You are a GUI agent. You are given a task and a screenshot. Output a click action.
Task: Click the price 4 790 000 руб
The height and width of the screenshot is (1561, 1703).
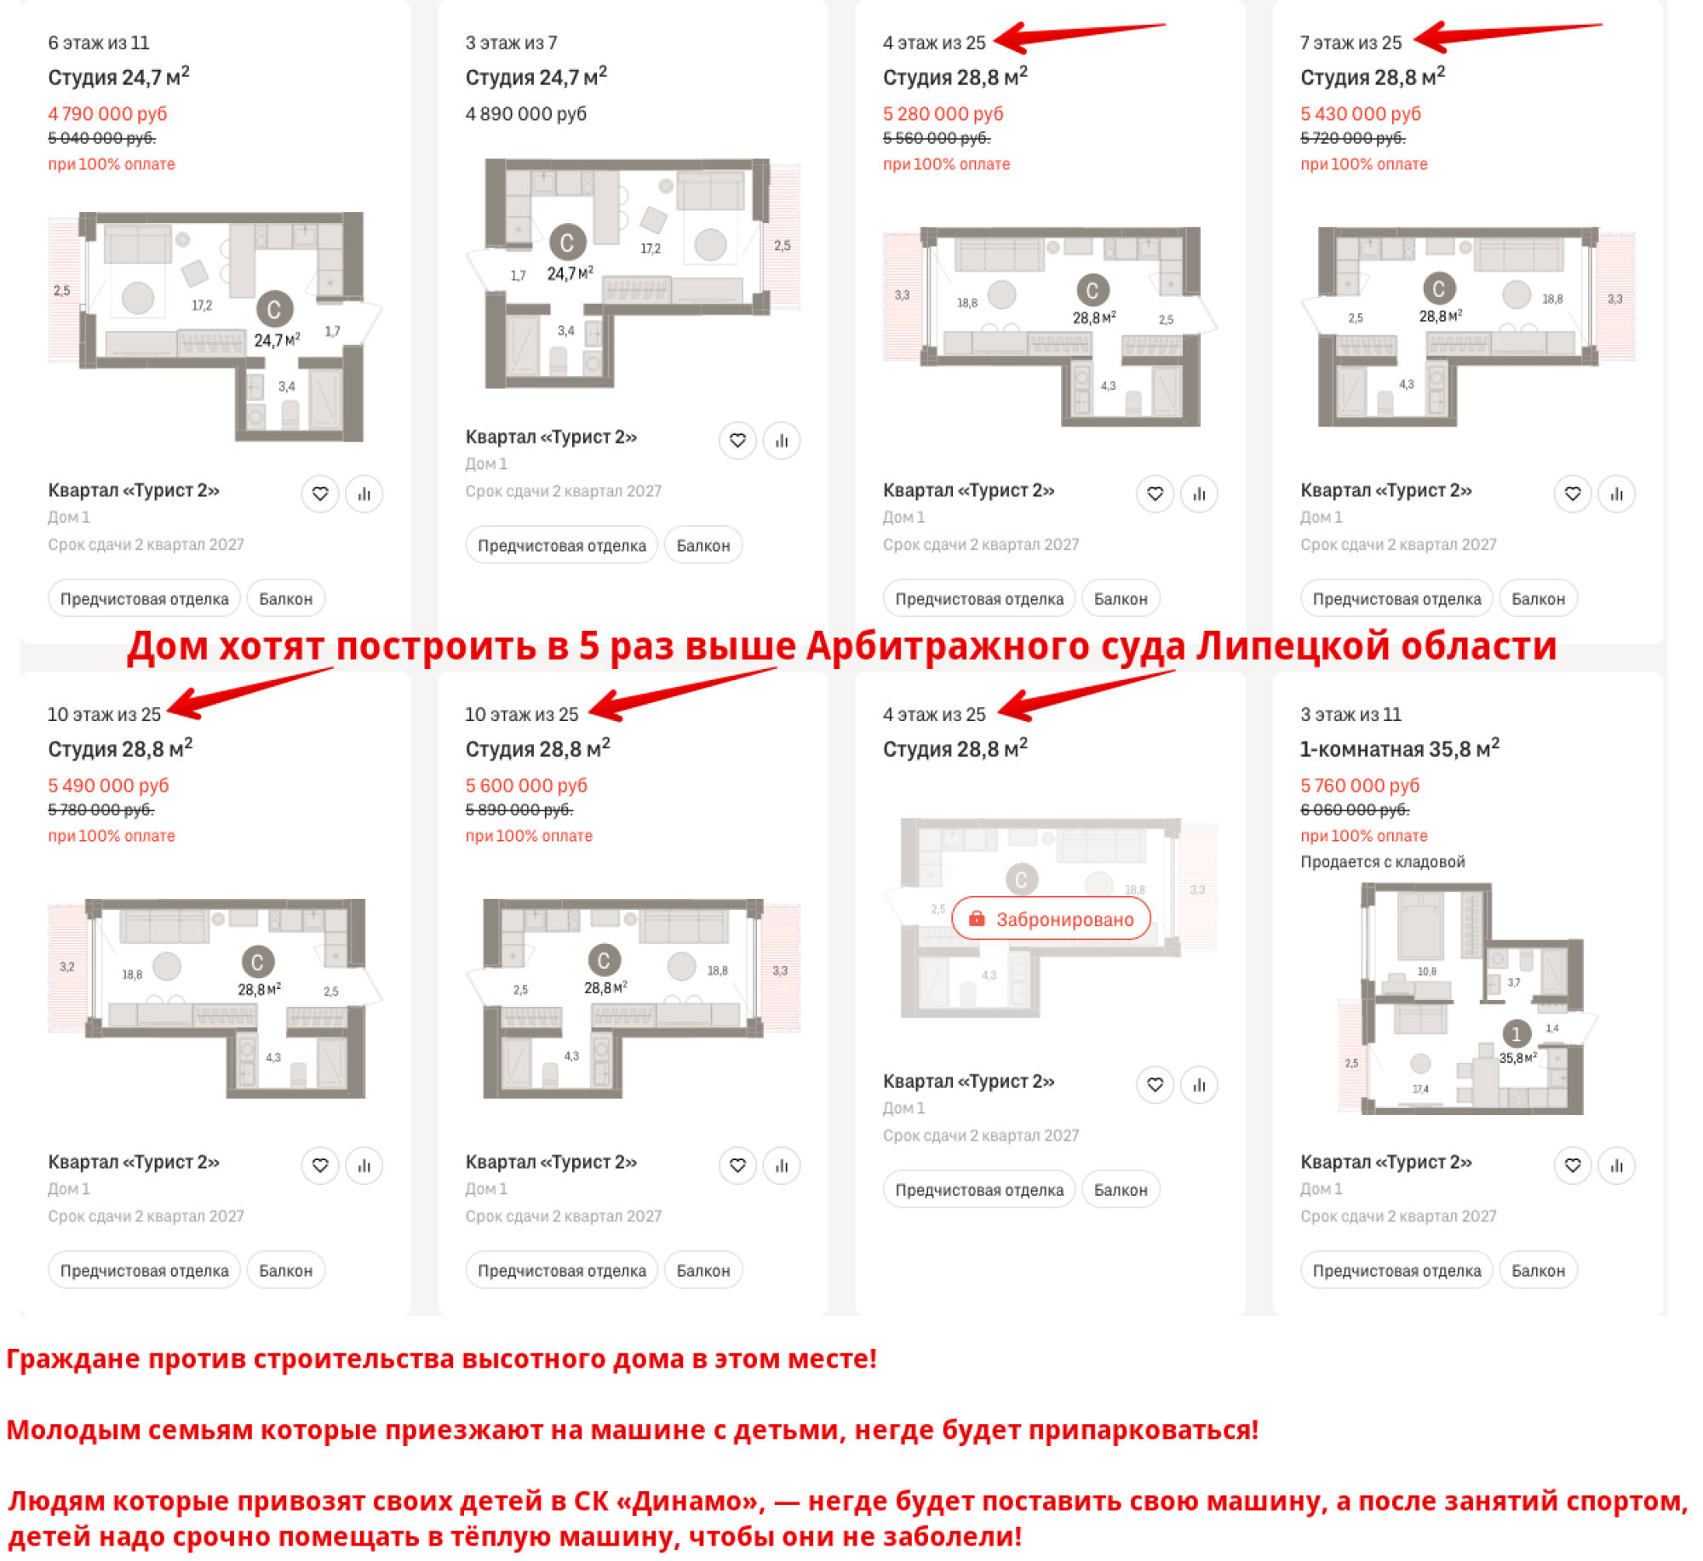(x=107, y=113)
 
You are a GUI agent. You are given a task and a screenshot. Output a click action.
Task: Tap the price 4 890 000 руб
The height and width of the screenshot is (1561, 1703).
(x=525, y=113)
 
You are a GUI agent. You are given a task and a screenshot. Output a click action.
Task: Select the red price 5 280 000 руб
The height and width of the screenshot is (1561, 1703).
(x=943, y=113)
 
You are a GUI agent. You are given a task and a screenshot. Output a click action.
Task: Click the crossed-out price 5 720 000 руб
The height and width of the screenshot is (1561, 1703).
(x=1352, y=138)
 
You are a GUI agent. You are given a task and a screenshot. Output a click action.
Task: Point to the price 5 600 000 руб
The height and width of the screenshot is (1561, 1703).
(x=525, y=785)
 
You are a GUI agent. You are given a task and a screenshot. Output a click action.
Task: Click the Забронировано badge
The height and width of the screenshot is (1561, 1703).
(x=1050, y=918)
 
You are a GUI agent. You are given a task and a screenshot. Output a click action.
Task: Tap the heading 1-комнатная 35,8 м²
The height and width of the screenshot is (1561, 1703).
(x=1399, y=748)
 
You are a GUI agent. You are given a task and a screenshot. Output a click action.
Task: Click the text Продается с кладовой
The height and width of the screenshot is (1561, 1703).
(x=1382, y=861)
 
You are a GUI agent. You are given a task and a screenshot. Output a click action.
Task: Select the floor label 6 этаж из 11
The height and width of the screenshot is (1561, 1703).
(x=99, y=43)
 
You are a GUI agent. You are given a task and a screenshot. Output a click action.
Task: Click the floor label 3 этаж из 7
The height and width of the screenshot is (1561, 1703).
(x=511, y=43)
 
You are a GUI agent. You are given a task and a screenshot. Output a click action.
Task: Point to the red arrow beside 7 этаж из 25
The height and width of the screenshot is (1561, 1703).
(x=1507, y=36)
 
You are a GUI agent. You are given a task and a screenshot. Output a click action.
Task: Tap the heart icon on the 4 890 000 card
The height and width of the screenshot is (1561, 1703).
(x=737, y=440)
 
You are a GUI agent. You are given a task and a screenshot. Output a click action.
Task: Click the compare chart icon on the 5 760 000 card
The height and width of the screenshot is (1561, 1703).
(x=1616, y=1165)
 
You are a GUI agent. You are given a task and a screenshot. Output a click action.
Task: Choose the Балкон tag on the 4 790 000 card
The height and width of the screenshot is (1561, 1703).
(x=285, y=599)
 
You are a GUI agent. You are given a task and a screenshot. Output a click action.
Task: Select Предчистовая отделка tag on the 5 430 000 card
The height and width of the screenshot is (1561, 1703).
(x=1396, y=599)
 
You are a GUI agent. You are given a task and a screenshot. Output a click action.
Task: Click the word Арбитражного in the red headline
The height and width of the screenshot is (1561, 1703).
(x=948, y=646)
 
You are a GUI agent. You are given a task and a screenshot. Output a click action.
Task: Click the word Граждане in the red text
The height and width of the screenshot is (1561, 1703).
(x=73, y=1359)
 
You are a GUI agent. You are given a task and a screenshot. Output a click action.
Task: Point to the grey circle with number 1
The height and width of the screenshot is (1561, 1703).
(x=1516, y=1033)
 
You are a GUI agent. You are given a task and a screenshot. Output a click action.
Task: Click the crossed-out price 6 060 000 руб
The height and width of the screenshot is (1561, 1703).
(x=1355, y=809)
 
